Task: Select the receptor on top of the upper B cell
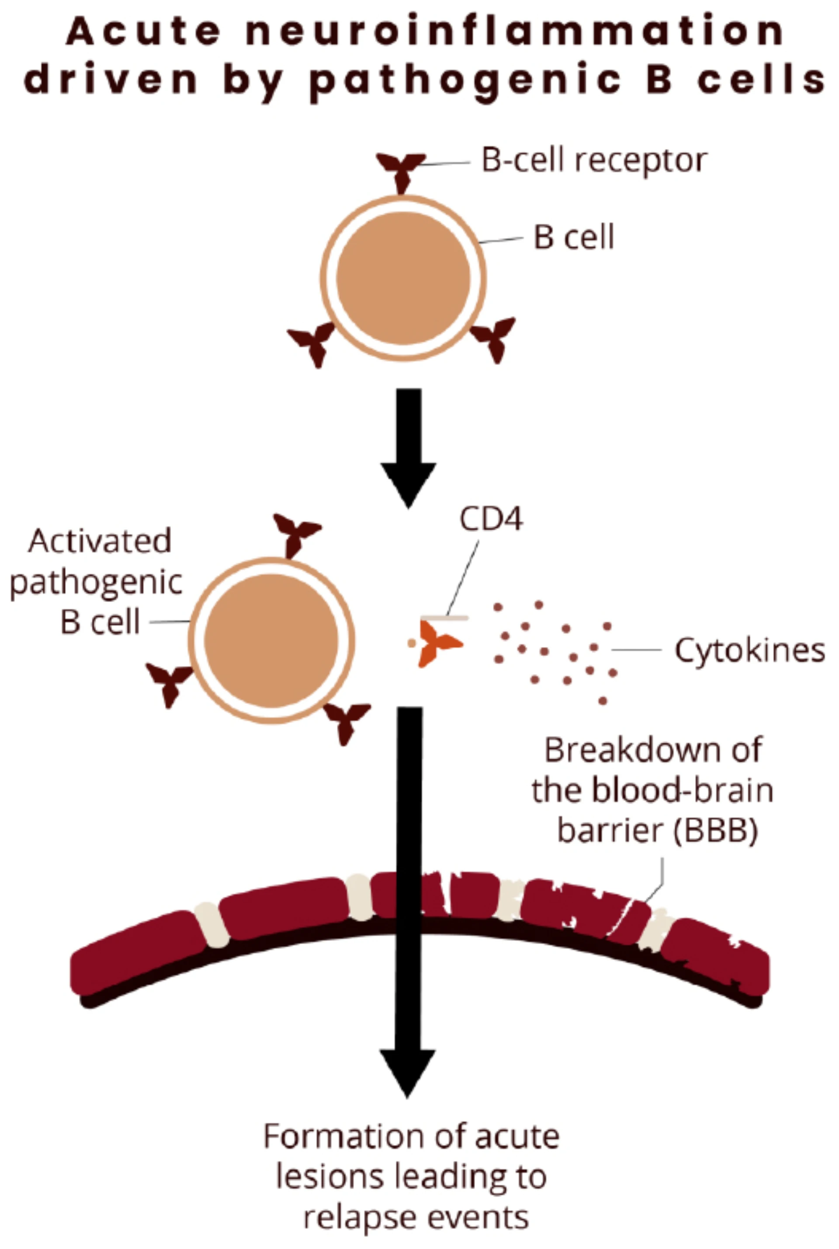pos(401,169)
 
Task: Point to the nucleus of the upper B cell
pos(403,278)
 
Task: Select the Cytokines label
pos(749,651)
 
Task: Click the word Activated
pos(100,541)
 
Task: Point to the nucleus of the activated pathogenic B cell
pos(271,641)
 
